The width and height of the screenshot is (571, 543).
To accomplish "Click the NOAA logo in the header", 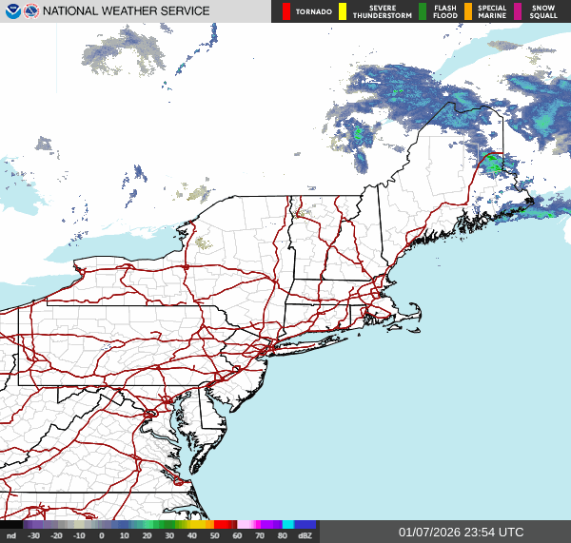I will tap(12, 11).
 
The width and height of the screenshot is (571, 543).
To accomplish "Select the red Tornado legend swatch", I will tap(285, 11).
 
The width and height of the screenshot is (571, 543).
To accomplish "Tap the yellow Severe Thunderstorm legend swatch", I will tap(343, 11).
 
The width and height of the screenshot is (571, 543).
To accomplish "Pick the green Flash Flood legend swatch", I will tap(423, 11).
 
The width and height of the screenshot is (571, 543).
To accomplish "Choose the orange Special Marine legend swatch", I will tap(467, 11).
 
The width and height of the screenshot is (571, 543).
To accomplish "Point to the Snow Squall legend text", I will tap(543, 11).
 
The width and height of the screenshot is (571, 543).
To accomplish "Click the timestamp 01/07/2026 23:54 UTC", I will tap(461, 532).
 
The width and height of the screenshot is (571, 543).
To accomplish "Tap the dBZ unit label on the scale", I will tap(305, 536).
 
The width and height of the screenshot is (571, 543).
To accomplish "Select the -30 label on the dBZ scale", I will tap(34, 536).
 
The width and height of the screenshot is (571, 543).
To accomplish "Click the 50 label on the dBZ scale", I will tap(214, 536).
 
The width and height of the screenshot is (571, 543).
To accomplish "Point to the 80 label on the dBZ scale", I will tap(282, 536).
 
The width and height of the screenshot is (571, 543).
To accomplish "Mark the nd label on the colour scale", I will tap(11, 536).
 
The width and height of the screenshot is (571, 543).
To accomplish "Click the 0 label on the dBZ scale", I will tap(102, 536).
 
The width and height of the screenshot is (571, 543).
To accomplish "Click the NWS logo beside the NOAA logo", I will tap(31, 11).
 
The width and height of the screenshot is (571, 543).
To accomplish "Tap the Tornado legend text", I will tap(313, 11).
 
